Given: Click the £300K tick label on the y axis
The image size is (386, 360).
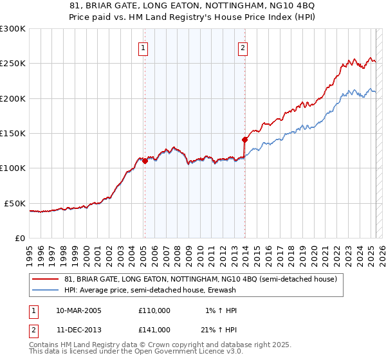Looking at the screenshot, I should point(13,29).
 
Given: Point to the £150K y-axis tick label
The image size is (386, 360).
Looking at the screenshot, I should point(13,134).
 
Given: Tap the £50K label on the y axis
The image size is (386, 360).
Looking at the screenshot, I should point(15,203).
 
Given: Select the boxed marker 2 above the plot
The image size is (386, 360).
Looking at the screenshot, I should point(243,47).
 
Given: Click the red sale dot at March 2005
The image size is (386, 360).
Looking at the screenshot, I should point(145,161).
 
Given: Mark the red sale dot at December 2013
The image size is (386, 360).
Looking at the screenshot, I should point(244,139).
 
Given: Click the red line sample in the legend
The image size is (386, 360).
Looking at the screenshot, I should point(46,280).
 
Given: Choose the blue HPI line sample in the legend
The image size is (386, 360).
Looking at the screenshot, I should point(46,290).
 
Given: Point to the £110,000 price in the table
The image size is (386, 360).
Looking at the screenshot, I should point(154,310).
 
